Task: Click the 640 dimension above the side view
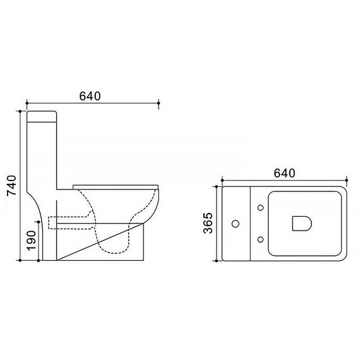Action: click(x=90, y=96)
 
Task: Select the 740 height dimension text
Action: click(x=12, y=185)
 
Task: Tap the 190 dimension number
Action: click(x=31, y=241)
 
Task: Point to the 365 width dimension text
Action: click(x=208, y=223)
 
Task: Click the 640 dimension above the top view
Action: click(x=284, y=173)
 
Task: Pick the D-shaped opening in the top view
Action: click(x=302, y=223)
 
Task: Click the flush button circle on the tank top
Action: click(x=236, y=224)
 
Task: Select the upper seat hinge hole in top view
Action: click(x=260, y=208)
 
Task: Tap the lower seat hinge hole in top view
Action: click(x=260, y=239)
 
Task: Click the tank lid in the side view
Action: click(x=42, y=116)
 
